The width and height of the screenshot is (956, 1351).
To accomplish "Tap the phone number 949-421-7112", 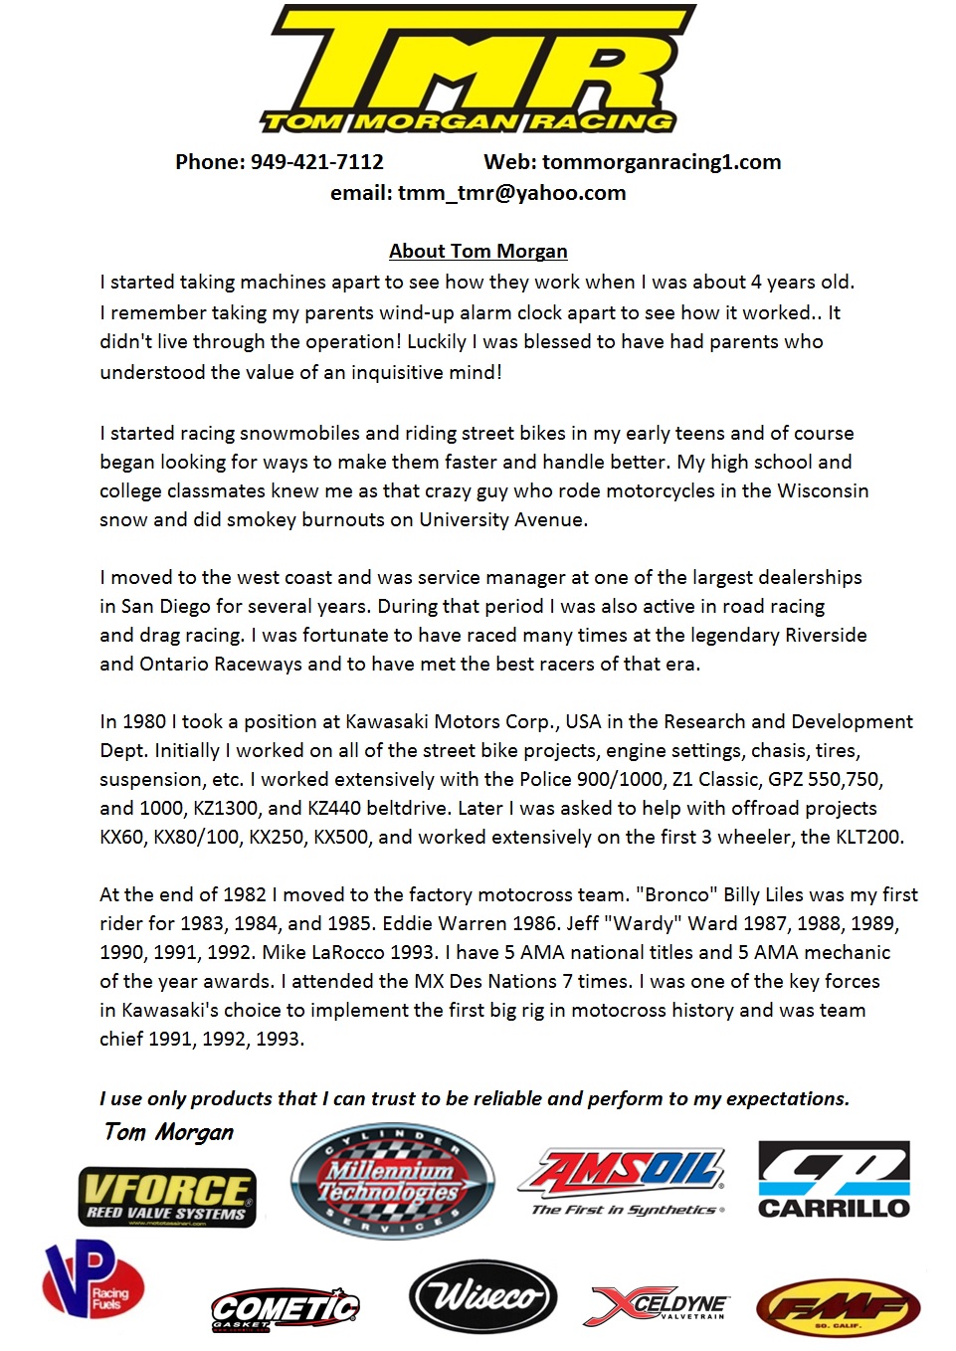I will [316, 162].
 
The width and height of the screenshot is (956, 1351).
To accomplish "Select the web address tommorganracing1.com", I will [662, 162].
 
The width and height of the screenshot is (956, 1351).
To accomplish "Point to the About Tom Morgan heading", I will [478, 251].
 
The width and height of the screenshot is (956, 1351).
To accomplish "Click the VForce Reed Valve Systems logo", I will [167, 1196].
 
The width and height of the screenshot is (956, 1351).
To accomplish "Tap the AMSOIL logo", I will [623, 1181].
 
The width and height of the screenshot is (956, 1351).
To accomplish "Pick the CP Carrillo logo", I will [834, 1180].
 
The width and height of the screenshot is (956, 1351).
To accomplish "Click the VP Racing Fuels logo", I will [93, 1279].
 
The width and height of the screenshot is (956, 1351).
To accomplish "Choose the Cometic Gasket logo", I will [285, 1308].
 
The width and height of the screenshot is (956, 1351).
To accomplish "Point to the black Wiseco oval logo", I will [482, 1296].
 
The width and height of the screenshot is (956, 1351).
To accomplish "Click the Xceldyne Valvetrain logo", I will [661, 1305].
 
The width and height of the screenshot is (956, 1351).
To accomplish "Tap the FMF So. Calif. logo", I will [838, 1307].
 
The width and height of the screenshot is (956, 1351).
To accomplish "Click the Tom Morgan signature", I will [169, 1132].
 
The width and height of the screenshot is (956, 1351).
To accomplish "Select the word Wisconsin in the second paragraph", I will [823, 490].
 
